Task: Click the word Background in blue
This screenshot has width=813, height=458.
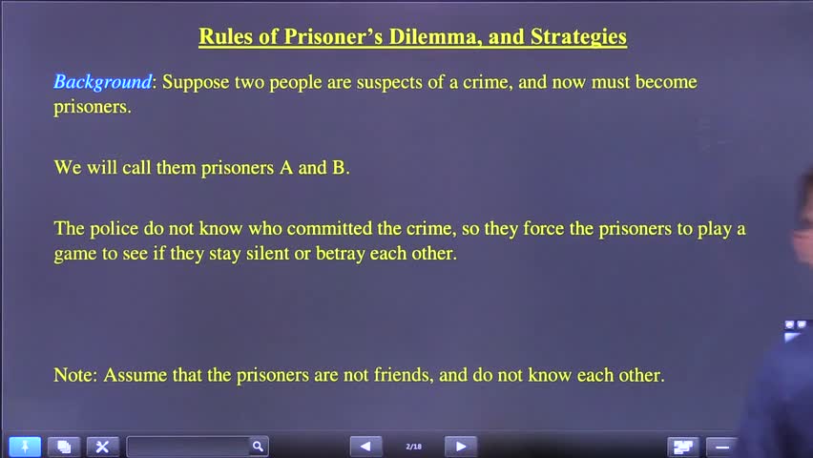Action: coord(102,82)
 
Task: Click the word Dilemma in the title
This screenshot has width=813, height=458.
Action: coord(427,37)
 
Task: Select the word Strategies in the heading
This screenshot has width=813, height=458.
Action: coord(578,37)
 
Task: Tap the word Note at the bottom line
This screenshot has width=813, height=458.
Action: coord(74,375)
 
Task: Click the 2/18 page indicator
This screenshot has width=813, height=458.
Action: coord(413,447)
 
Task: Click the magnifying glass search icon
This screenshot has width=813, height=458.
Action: coord(258,447)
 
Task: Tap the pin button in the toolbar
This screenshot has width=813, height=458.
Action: coord(25,447)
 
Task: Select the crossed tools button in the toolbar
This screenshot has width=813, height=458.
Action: coord(102,447)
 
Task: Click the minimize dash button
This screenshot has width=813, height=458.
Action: coord(722,447)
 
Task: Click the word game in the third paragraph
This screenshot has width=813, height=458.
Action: coord(74,255)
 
